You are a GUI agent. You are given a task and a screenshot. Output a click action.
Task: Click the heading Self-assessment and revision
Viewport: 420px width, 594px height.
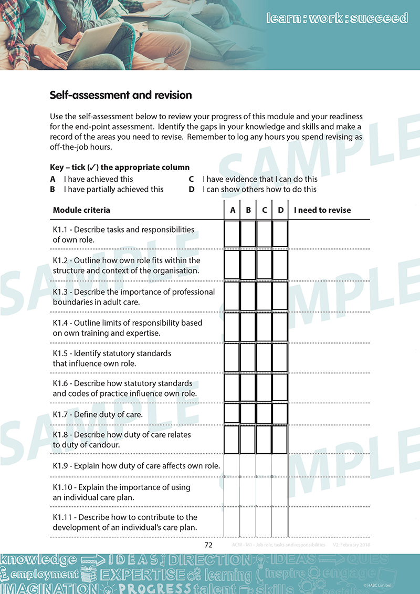point(121,96)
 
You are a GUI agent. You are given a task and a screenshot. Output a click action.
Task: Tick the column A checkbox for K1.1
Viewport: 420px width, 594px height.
point(232,234)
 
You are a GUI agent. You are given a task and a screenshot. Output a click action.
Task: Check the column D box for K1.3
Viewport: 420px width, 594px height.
point(280,296)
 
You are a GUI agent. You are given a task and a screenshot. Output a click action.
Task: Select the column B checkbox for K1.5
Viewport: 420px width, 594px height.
point(248,358)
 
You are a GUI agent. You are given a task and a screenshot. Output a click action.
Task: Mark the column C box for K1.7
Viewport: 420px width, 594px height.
point(264,413)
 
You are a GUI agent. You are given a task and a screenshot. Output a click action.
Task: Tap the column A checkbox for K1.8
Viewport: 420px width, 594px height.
point(232,439)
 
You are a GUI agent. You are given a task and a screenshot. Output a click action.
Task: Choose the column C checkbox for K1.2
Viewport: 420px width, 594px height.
point(264,265)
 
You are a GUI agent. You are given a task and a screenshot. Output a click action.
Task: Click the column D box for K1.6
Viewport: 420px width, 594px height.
point(280,388)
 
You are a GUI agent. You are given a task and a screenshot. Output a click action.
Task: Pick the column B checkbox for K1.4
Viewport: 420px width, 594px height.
point(248,327)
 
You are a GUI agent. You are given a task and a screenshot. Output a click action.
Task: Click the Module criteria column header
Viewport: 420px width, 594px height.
point(81,210)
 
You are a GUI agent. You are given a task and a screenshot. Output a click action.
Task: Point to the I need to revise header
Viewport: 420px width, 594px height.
point(322,210)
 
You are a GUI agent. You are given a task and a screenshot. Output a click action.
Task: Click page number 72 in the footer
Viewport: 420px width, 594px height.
point(208,545)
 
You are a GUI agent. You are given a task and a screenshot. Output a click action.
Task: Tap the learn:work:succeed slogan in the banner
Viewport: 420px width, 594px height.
point(337,18)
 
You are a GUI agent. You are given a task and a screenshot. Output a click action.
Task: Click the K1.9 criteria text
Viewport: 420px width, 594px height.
point(136,466)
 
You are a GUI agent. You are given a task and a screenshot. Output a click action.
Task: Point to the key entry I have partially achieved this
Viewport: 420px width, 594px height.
point(113,189)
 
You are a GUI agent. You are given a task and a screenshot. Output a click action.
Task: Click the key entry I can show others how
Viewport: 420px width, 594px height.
point(259,189)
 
